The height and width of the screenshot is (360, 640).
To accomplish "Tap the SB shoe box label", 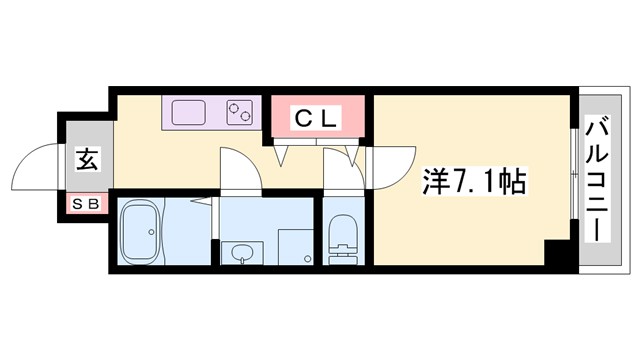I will [x=86, y=204].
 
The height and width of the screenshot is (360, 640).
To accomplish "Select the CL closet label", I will [x=317, y=118].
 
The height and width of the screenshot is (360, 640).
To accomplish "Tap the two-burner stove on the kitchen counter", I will [x=241, y=110].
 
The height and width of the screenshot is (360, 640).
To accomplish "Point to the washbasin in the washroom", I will [x=242, y=255].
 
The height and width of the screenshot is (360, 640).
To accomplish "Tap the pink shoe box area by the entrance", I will [x=86, y=204].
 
